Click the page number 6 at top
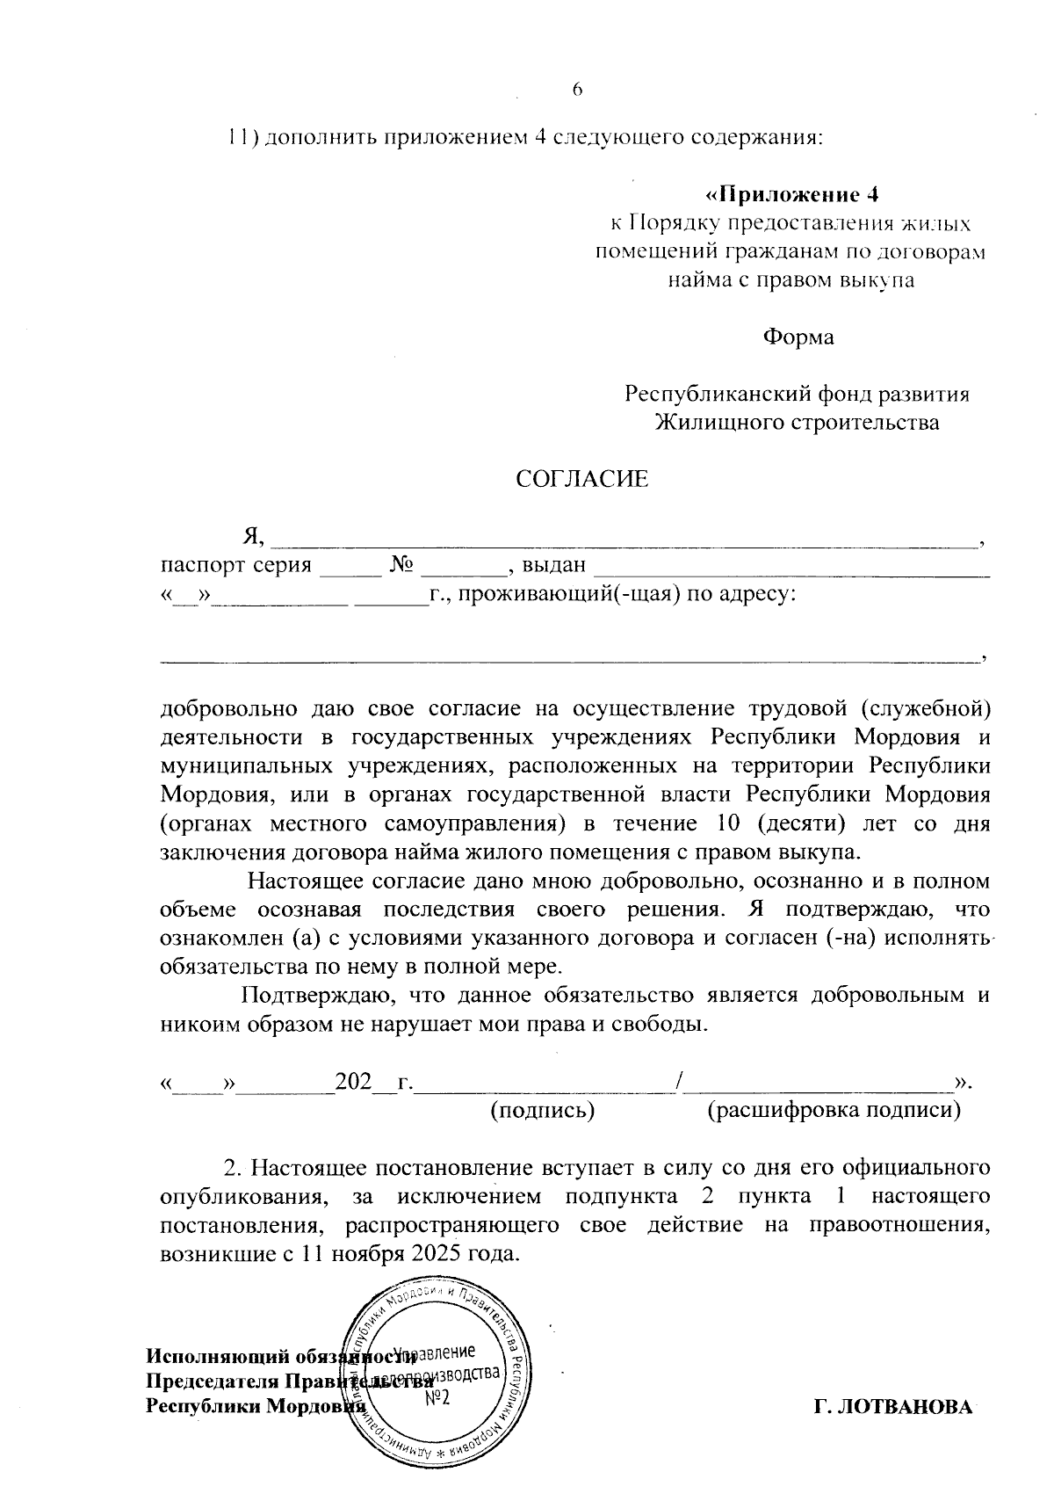click(577, 90)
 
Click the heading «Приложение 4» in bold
click(792, 194)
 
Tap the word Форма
click(798, 337)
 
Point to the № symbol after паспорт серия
click(401, 565)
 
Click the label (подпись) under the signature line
click(542, 1111)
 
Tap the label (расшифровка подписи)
click(834, 1111)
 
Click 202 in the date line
click(353, 1082)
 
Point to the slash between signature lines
click(682, 1082)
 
